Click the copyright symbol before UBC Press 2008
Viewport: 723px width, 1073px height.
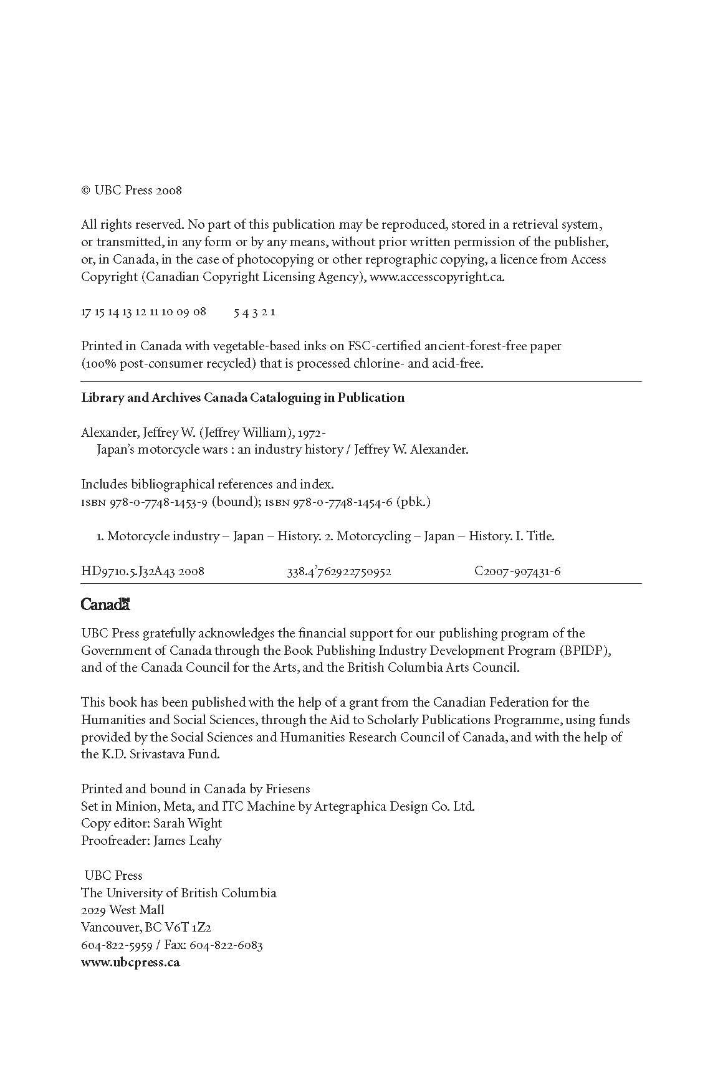[x=86, y=191]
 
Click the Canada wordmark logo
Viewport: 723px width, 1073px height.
[x=105, y=604]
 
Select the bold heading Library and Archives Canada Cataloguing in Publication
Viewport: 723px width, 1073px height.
[x=242, y=398]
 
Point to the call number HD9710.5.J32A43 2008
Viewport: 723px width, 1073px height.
[x=143, y=571]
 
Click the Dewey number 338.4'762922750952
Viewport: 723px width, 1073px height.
[x=338, y=571]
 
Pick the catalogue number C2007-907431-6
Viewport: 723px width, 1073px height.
[x=517, y=571]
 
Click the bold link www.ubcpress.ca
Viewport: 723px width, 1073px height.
[x=130, y=962]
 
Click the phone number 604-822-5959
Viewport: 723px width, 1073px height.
[x=117, y=945]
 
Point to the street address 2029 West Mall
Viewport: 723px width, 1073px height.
[x=123, y=910]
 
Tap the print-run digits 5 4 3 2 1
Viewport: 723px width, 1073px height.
[x=254, y=312]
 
